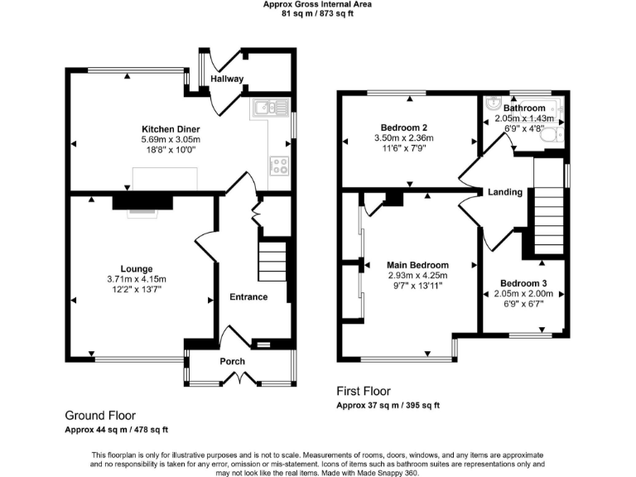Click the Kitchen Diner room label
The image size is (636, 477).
point(171,129)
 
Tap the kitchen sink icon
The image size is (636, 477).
point(270,106)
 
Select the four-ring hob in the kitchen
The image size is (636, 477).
point(278,165)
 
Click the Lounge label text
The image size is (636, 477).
point(136,268)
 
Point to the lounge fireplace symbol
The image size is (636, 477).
point(142,203)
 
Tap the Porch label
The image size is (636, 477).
point(232,362)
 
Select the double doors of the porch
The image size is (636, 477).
point(239,378)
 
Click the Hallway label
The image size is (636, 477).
point(227,79)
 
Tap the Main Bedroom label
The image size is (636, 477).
point(417,265)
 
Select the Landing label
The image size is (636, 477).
point(504,192)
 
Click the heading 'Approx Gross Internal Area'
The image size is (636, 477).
point(317,4)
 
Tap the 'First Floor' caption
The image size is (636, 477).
point(363,391)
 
